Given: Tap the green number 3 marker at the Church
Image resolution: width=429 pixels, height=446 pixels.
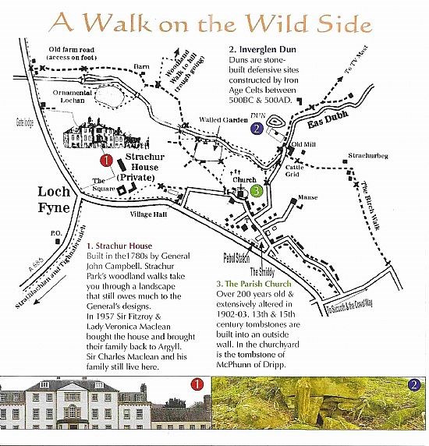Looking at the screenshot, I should coord(255,189).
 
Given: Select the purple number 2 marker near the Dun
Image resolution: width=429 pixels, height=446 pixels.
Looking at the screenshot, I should coord(256,129).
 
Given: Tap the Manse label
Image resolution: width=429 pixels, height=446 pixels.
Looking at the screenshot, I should coord(308,198).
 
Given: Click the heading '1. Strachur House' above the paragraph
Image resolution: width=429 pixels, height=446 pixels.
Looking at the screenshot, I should coord(125,246).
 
